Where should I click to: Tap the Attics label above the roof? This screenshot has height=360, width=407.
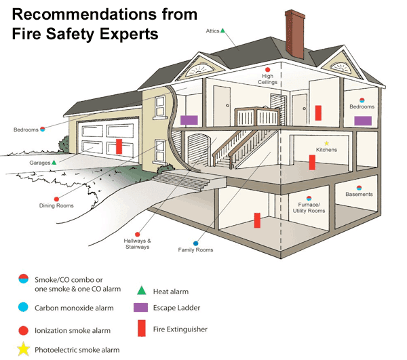coord(212,31)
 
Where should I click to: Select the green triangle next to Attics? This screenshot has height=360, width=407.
coord(222,31)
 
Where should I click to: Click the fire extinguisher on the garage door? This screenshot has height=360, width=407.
coord(119,146)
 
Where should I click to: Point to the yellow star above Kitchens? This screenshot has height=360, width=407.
coord(326,143)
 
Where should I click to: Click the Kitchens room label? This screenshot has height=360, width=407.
coord(326,150)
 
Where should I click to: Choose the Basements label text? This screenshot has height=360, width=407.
coord(359,195)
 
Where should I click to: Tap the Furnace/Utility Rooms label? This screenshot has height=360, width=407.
coord(312,207)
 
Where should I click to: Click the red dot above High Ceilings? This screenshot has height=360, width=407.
coord(268,69)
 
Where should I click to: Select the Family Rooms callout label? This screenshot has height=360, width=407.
coord(195,250)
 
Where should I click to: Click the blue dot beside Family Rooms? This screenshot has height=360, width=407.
coord(196,243)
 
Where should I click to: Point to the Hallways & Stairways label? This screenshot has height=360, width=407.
coord(137,244)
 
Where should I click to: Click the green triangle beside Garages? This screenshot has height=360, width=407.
coord(54,163)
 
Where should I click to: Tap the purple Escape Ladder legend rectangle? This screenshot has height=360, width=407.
coord(142,307)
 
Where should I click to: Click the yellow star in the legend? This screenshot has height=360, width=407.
coord(24,350)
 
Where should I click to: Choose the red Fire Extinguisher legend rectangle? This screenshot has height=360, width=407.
coord(142,329)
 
